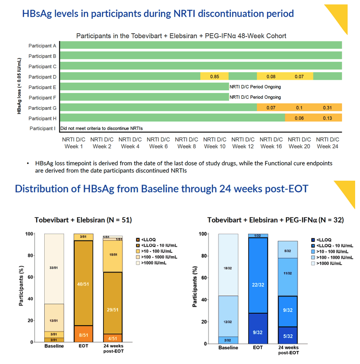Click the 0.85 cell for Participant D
point(214,76)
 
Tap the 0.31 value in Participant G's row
point(327,108)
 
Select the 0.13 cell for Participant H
point(327,118)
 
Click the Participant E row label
point(42,87)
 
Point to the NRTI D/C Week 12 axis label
point(243,143)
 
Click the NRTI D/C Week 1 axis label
point(73,143)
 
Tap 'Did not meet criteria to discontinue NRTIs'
point(102,128)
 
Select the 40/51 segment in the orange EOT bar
point(83,283)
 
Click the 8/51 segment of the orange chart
point(84,334)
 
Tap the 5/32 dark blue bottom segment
point(287,336)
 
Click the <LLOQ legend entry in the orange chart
point(146,240)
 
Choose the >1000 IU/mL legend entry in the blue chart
point(326,263)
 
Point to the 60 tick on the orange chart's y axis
point(31,277)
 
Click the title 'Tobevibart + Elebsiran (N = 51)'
point(83,220)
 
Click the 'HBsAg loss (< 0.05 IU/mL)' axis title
point(19,86)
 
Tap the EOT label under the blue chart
point(258,348)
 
